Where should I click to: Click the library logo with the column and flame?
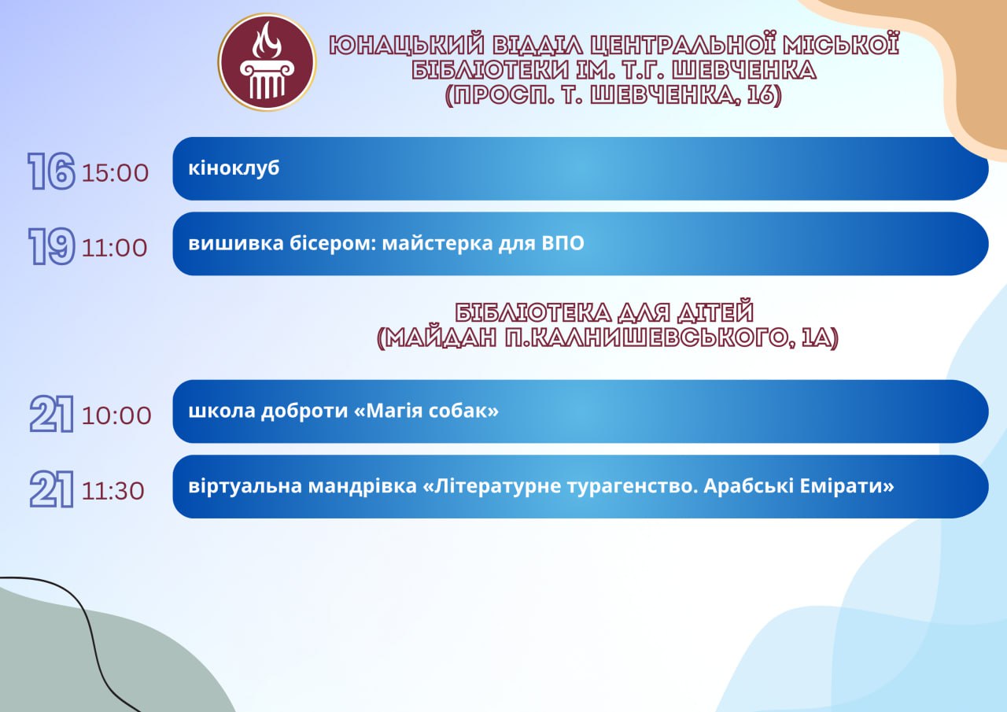267,61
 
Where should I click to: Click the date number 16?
51,172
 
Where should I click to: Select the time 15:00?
115,173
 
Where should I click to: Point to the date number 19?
51,246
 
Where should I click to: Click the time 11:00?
114,248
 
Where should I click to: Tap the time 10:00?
116,415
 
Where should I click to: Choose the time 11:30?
113,491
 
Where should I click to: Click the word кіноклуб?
234,168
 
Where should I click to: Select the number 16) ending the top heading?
765,95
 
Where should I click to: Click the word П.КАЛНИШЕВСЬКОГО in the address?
647,338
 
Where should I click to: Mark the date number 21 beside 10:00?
51,414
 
